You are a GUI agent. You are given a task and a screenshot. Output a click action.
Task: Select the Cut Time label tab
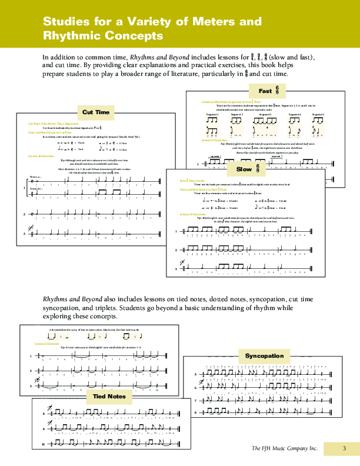(x=96, y=111)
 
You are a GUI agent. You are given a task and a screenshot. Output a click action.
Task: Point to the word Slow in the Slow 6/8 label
(x=244, y=169)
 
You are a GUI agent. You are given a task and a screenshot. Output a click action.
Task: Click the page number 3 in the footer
(x=345, y=449)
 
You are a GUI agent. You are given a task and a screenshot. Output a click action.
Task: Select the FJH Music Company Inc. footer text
(x=285, y=449)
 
